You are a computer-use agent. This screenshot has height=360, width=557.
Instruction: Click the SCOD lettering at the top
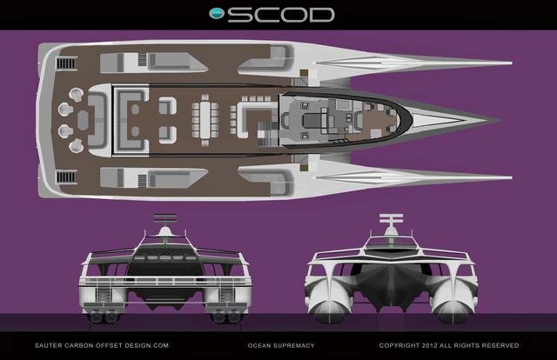pos(280,15)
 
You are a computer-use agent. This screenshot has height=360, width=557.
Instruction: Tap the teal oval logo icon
pos(217,14)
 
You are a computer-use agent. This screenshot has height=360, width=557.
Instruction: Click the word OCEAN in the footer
pos(259,345)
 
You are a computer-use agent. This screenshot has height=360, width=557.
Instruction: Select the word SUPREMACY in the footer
pos(294,345)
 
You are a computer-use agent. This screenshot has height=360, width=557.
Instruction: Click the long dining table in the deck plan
pos(205,120)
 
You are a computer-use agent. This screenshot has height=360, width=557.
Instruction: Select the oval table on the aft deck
pos(83,120)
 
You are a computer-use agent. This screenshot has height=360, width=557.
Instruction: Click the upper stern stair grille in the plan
pos(66,63)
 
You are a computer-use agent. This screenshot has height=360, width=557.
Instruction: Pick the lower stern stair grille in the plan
pos(66,177)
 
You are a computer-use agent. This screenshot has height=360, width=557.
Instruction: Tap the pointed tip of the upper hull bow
pos(512,63)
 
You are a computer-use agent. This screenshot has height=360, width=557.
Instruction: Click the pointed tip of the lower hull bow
pos(512,177)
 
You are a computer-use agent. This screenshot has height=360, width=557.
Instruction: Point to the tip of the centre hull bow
pos(500,120)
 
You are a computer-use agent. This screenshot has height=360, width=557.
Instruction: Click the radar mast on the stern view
pos(165,224)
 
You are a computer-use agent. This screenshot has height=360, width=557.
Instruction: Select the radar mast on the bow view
pos(392,224)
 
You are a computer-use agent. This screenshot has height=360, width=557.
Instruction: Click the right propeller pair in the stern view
pos(224,316)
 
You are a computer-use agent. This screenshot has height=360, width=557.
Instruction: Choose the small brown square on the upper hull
pos(304,74)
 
